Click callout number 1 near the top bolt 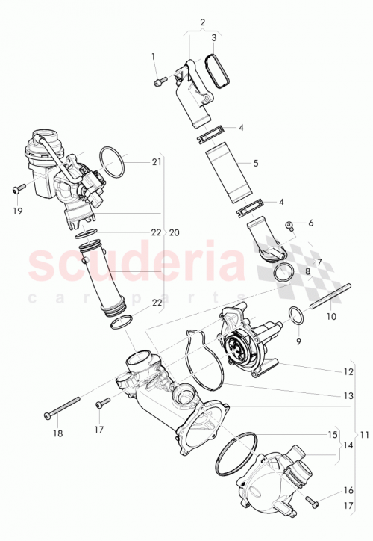(x=154, y=57)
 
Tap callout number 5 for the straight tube (x=255, y=163)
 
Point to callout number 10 (x=331, y=316)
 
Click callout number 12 (x=348, y=371)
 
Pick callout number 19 (x=19, y=211)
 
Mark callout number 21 (x=156, y=162)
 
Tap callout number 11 (x=363, y=434)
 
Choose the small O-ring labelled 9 (x=295, y=316)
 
